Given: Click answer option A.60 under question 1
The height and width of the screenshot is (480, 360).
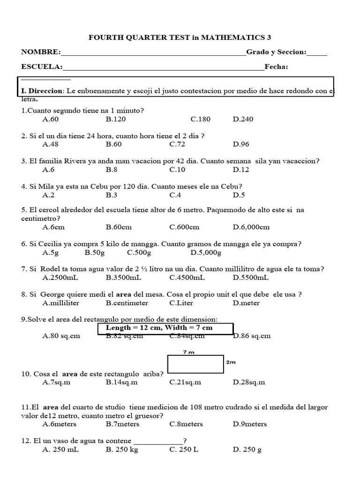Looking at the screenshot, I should click(50, 119).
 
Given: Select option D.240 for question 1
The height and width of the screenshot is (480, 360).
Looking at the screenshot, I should click(243, 119).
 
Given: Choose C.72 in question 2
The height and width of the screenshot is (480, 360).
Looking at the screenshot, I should click(177, 144).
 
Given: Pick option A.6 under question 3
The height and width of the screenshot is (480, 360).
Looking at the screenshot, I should click(48, 170).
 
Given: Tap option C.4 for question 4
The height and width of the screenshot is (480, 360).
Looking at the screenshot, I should click(175, 195).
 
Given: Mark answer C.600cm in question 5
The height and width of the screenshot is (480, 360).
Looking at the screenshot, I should click(184, 227).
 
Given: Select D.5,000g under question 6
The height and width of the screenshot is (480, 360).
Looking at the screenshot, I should click(206, 253).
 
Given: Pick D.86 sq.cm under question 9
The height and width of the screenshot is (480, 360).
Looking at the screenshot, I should click(252, 336).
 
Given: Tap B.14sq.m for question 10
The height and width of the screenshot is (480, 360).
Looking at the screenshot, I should click(122, 382).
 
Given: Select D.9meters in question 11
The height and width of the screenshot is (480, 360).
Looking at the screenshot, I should click(250, 424).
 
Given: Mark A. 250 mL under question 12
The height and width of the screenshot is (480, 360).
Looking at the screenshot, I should click(60, 450).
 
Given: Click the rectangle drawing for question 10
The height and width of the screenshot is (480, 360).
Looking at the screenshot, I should click(196, 364).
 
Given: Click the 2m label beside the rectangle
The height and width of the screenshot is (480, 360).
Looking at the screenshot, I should click(231, 362).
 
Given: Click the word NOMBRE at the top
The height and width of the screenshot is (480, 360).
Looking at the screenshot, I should click(40, 52).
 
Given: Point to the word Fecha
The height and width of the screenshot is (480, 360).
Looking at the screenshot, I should click(276, 67).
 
